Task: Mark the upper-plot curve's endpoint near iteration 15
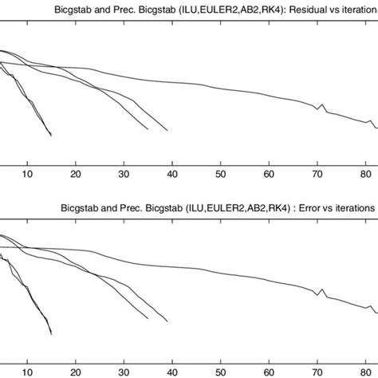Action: point(51,136)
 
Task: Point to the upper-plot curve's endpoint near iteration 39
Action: point(167,131)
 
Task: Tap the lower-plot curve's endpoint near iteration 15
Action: point(51,334)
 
